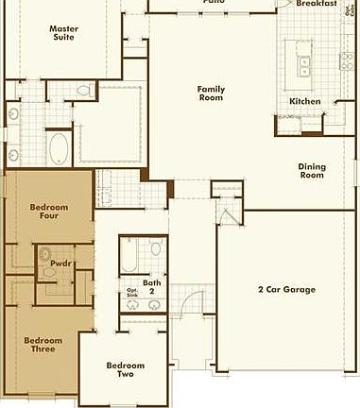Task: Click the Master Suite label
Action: coord(63,33)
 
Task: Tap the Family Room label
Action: coord(211,93)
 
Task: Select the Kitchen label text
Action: coord(305,101)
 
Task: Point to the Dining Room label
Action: coord(312,171)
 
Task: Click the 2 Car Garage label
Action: coord(286,290)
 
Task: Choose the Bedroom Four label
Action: coord(44,211)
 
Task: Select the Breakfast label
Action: coord(317,4)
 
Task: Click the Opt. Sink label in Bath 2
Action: coord(132,293)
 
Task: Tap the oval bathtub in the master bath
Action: coord(60,147)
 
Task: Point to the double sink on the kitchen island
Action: coord(304,66)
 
